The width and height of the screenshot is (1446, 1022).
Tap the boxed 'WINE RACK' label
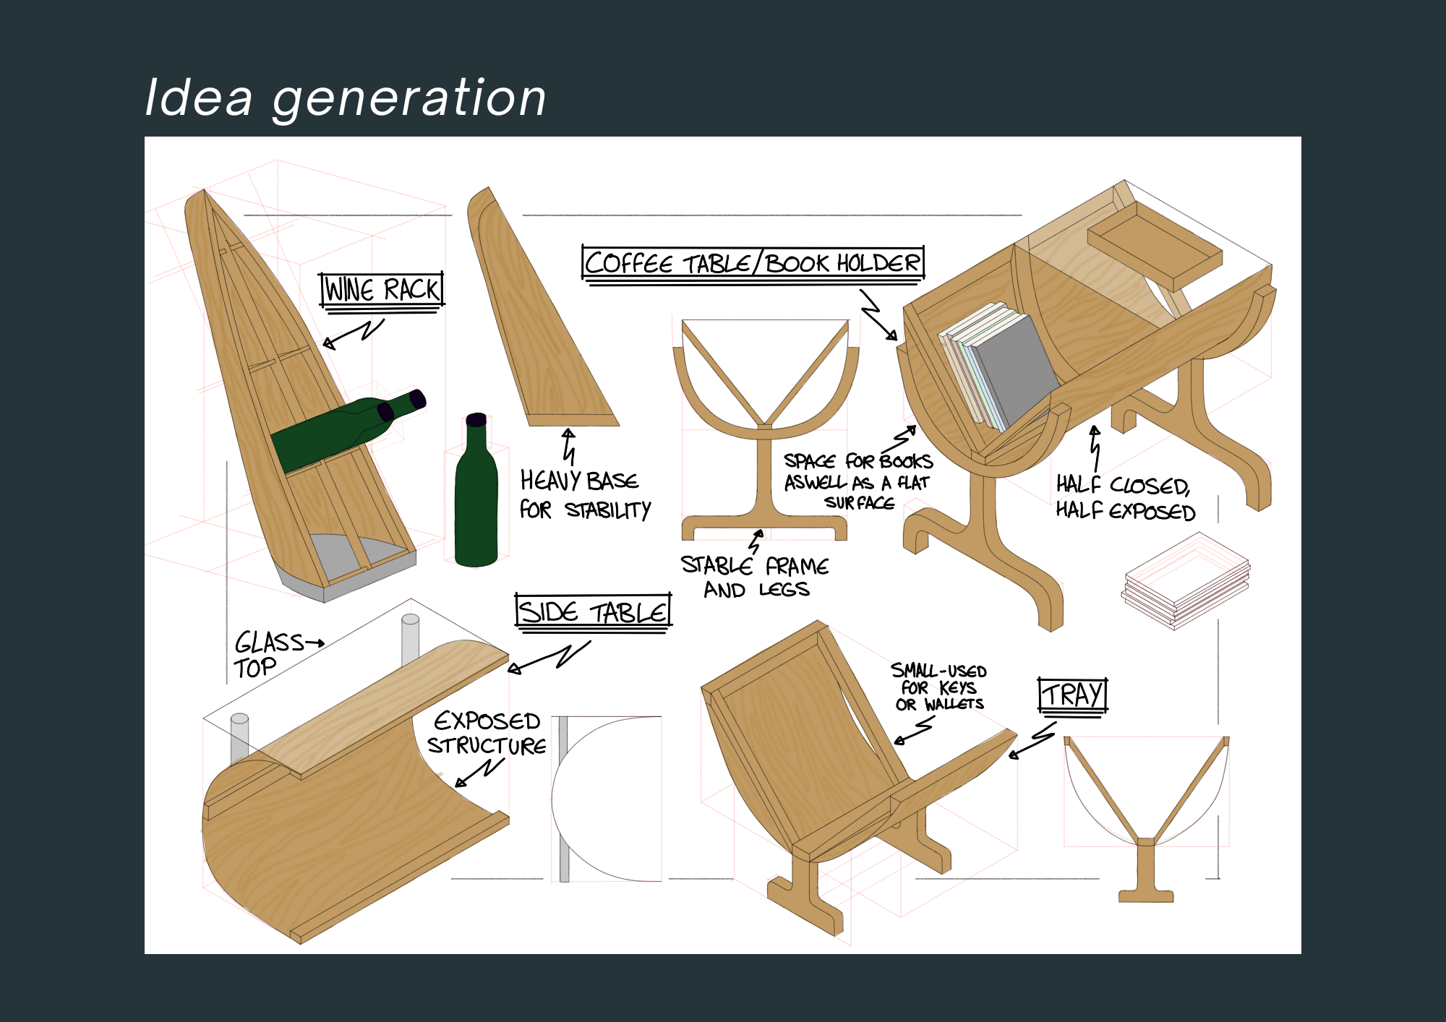tap(382, 290)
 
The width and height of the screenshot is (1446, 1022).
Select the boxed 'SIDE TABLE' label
tap(593, 612)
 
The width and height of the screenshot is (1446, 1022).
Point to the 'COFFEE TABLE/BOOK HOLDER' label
tap(753, 263)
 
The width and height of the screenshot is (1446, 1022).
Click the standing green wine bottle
tap(476, 499)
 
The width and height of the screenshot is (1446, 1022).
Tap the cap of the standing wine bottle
tap(476, 419)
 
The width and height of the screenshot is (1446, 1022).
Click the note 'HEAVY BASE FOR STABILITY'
tap(584, 495)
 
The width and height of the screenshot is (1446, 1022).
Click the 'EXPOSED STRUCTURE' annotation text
tap(487, 733)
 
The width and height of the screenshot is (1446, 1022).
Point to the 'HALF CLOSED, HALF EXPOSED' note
tap(1125, 498)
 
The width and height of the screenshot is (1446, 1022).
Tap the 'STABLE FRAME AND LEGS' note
tap(755, 577)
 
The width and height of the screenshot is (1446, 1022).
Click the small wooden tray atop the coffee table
tap(1155, 245)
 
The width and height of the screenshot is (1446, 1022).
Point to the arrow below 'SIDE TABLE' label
tap(549, 656)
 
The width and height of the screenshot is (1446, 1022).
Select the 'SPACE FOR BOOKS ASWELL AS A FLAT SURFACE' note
tap(858, 481)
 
